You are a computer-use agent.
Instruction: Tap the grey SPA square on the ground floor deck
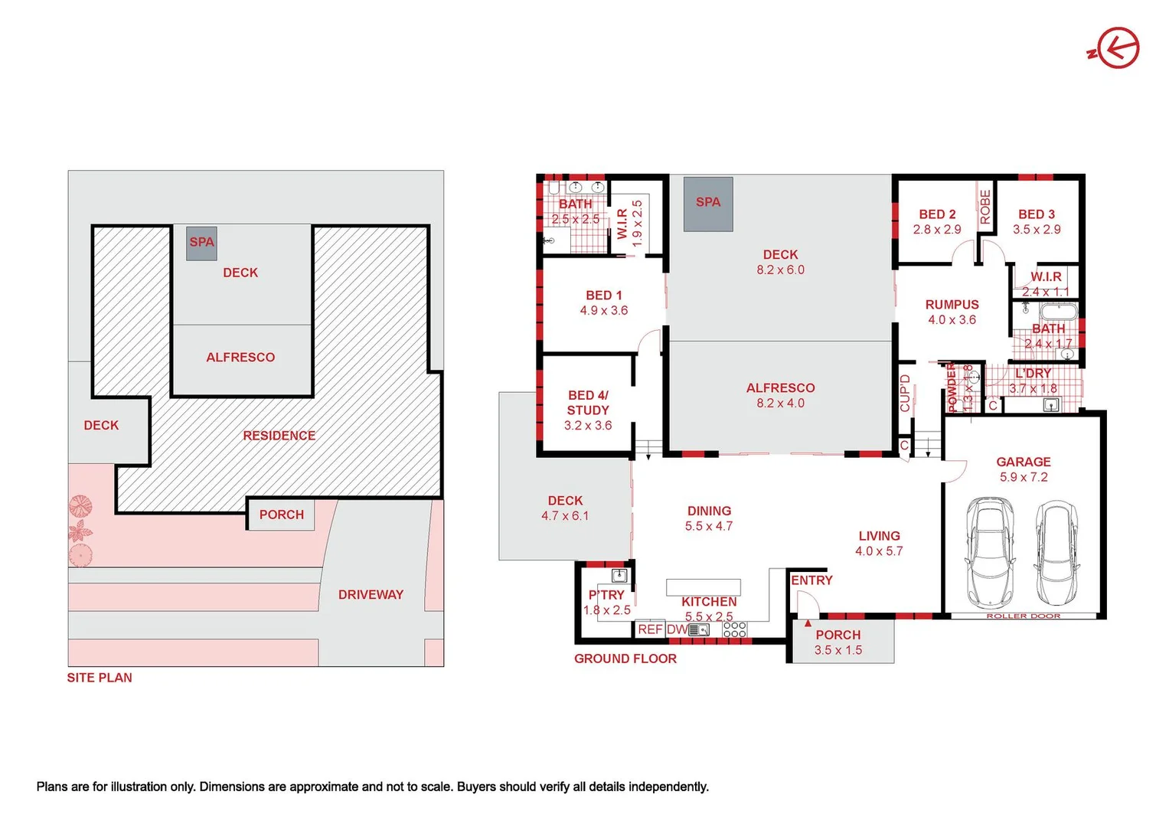(x=708, y=204)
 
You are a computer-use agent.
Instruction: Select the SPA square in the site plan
(x=201, y=243)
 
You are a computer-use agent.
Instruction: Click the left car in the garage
(x=989, y=551)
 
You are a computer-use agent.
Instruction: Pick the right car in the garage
(x=1056, y=551)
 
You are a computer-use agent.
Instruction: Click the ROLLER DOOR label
(x=1023, y=616)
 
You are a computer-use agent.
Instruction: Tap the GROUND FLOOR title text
(x=625, y=659)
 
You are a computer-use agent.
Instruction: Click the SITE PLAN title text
(x=100, y=678)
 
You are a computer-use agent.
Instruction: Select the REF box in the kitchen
(x=650, y=629)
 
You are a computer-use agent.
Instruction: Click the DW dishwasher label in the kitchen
(x=677, y=629)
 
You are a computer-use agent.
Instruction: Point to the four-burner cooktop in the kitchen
(x=734, y=629)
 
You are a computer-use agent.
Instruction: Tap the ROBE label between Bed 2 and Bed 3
(x=985, y=207)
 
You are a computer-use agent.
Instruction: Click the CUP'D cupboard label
(x=906, y=393)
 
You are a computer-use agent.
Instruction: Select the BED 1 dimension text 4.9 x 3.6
(x=603, y=311)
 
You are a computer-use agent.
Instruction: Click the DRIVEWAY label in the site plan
(x=371, y=595)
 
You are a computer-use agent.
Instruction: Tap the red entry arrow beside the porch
(x=808, y=623)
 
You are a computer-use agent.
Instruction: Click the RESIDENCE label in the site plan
(x=279, y=436)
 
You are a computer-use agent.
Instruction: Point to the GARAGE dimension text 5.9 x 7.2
(x=1023, y=477)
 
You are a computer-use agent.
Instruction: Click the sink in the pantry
(x=619, y=576)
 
